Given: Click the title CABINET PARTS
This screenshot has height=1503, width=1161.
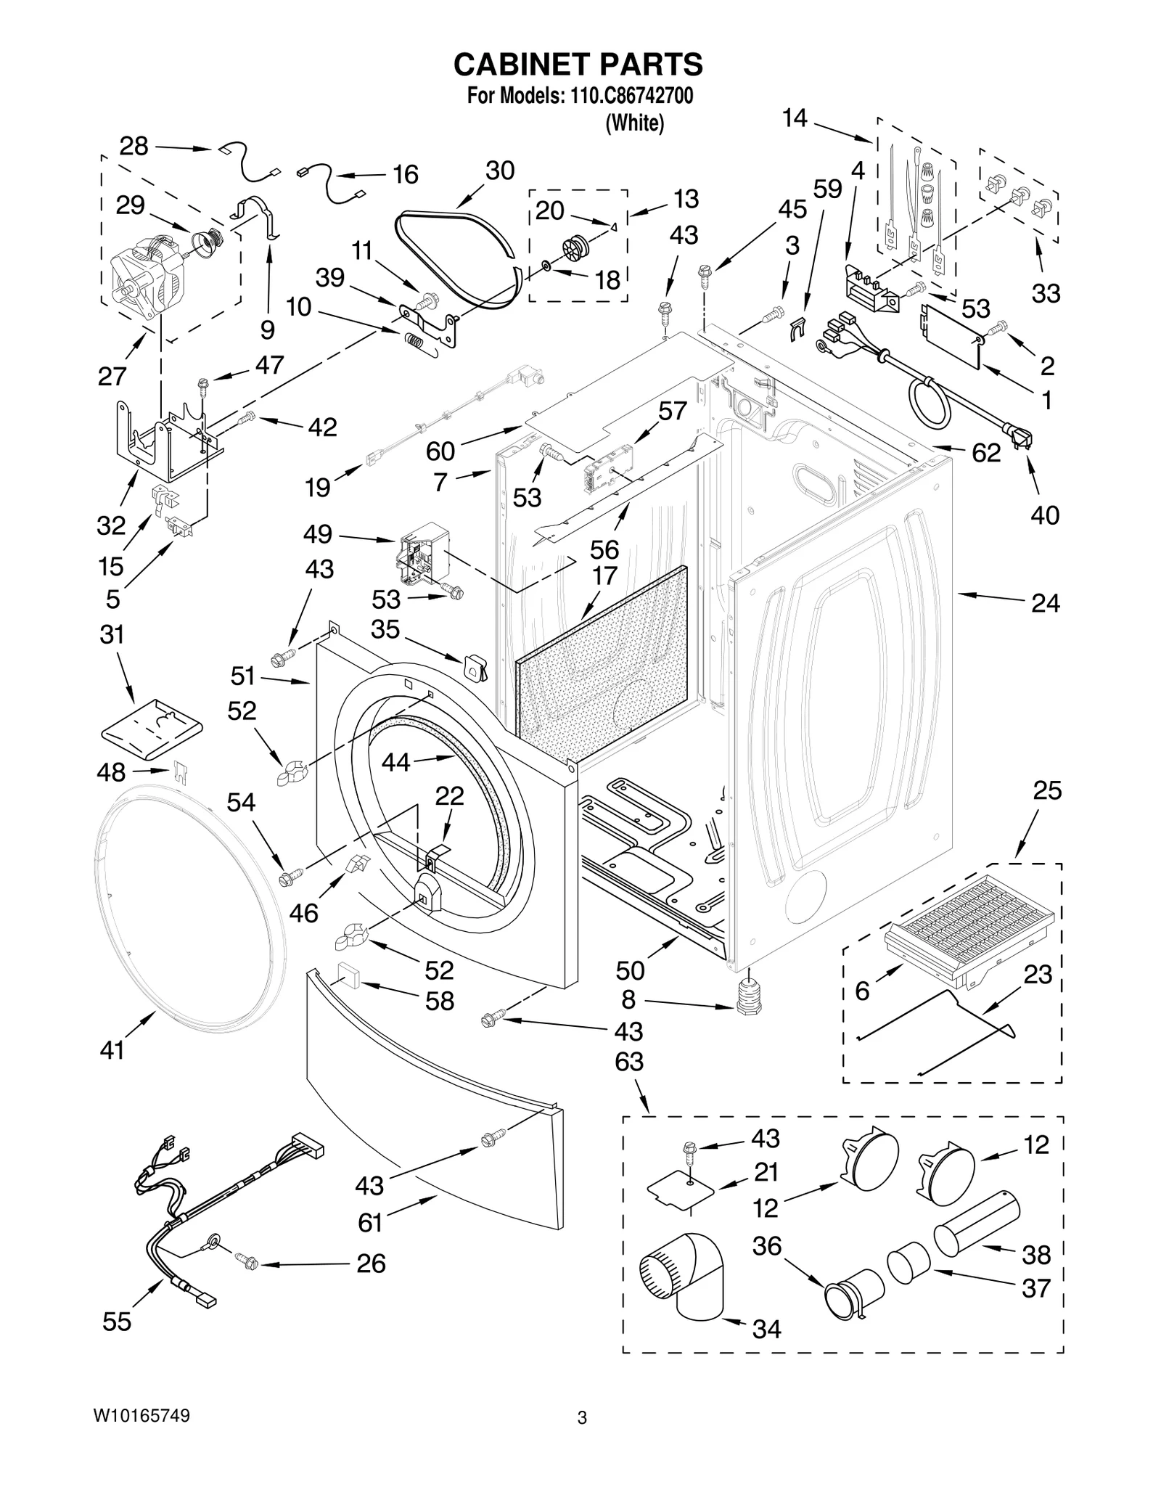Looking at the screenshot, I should point(578,65).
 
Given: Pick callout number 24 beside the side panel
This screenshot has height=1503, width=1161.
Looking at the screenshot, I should point(1045,603).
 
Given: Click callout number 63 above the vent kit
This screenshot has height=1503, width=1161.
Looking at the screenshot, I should point(628,1061).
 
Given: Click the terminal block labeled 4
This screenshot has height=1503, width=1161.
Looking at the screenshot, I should point(871,287).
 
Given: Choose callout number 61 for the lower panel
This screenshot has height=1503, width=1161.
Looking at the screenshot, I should point(370,1223).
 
